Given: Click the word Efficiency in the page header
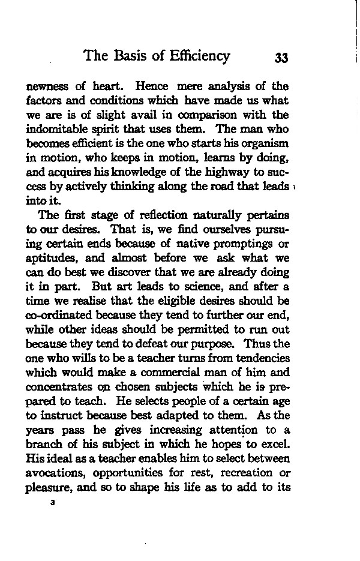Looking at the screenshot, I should tap(196, 56).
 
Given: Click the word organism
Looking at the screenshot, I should tap(266, 143).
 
